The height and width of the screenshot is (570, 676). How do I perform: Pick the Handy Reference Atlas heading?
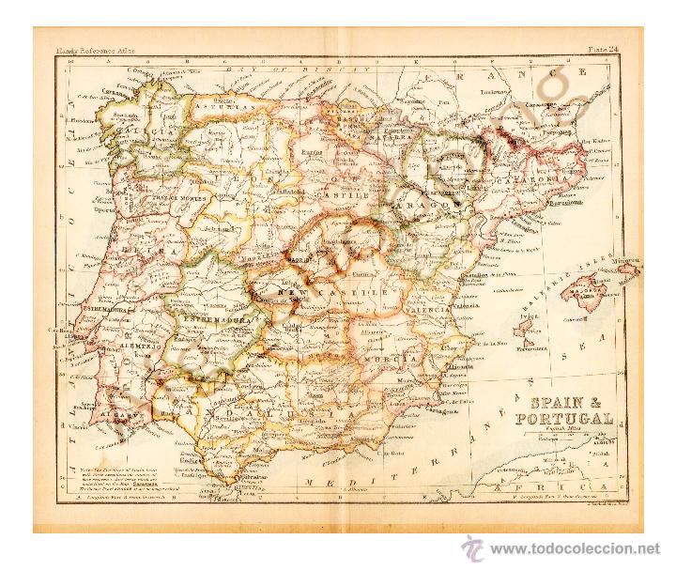click(x=93, y=44)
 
